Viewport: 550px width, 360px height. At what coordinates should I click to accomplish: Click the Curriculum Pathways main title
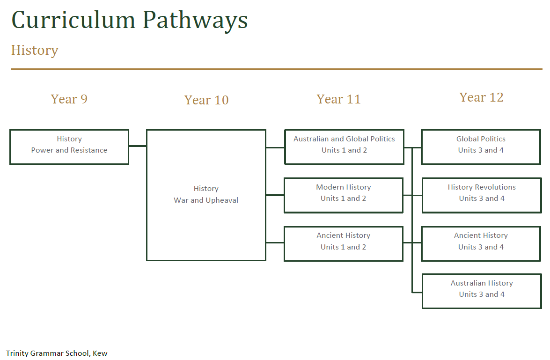pyautogui.click(x=129, y=20)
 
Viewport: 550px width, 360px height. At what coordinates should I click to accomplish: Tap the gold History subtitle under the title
pyautogui.click(x=35, y=50)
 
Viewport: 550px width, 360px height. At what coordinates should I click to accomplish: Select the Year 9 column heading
pyautogui.click(x=69, y=99)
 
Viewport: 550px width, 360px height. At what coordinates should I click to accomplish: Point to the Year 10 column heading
pyautogui.click(x=206, y=100)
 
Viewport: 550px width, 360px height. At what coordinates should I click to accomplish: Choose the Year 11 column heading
pyautogui.click(x=338, y=99)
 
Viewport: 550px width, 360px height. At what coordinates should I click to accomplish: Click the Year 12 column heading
pyautogui.click(x=481, y=97)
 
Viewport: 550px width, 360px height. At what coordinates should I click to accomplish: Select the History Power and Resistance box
pyautogui.click(x=69, y=147)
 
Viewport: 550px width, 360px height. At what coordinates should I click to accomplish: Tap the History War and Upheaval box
pyautogui.click(x=206, y=195)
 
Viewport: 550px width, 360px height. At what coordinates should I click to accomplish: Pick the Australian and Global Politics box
pyautogui.click(x=344, y=147)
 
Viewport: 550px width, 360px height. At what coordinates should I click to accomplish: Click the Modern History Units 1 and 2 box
pyautogui.click(x=343, y=195)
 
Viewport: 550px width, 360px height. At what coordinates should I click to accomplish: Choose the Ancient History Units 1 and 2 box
pyautogui.click(x=343, y=243)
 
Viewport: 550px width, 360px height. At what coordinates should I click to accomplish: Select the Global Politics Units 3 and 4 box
pyautogui.click(x=481, y=147)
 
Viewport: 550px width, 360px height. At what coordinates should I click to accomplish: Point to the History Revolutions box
pyautogui.click(x=482, y=195)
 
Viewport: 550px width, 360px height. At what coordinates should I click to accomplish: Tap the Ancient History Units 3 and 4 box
pyautogui.click(x=481, y=243)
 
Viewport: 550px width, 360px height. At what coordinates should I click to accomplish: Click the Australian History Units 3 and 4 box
pyautogui.click(x=482, y=291)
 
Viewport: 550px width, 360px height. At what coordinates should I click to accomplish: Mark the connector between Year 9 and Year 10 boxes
pyautogui.click(x=138, y=146)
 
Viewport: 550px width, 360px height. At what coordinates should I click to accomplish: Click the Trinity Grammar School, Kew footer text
pyautogui.click(x=57, y=353)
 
